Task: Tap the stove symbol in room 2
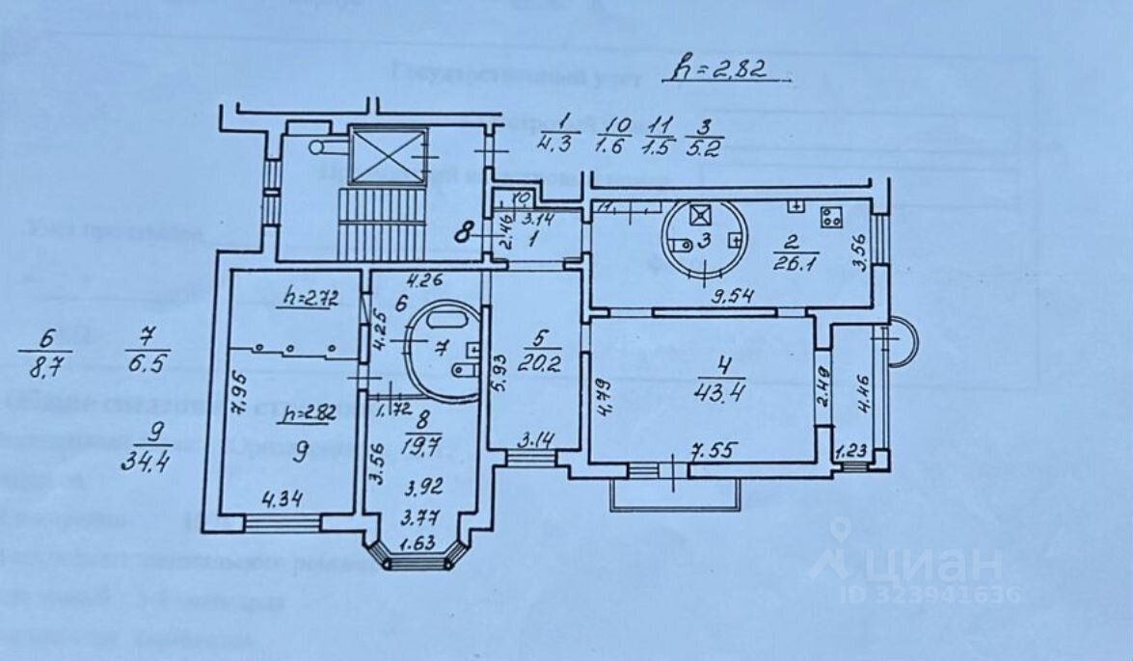828,217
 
